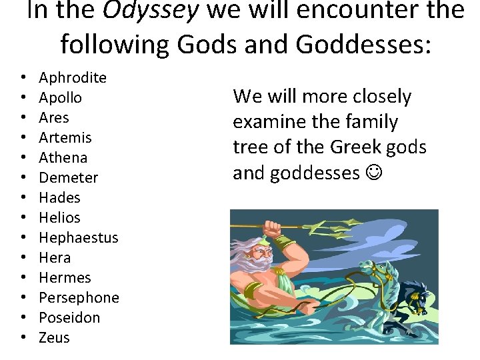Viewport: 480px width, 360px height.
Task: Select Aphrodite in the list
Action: [73, 78]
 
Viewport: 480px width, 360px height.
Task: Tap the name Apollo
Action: [61, 98]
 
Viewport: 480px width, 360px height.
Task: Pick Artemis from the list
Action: [65, 138]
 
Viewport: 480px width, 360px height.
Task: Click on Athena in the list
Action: [63, 158]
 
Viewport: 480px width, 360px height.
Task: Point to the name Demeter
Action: [69, 178]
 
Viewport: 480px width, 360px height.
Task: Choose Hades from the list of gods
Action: [59, 198]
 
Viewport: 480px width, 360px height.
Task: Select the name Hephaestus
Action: [79, 238]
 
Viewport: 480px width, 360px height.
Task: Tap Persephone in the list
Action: [79, 298]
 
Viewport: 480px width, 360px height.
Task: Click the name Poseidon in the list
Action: [69, 318]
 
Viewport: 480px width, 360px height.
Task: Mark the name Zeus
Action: [54, 338]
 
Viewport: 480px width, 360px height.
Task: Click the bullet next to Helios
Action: [23, 218]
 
